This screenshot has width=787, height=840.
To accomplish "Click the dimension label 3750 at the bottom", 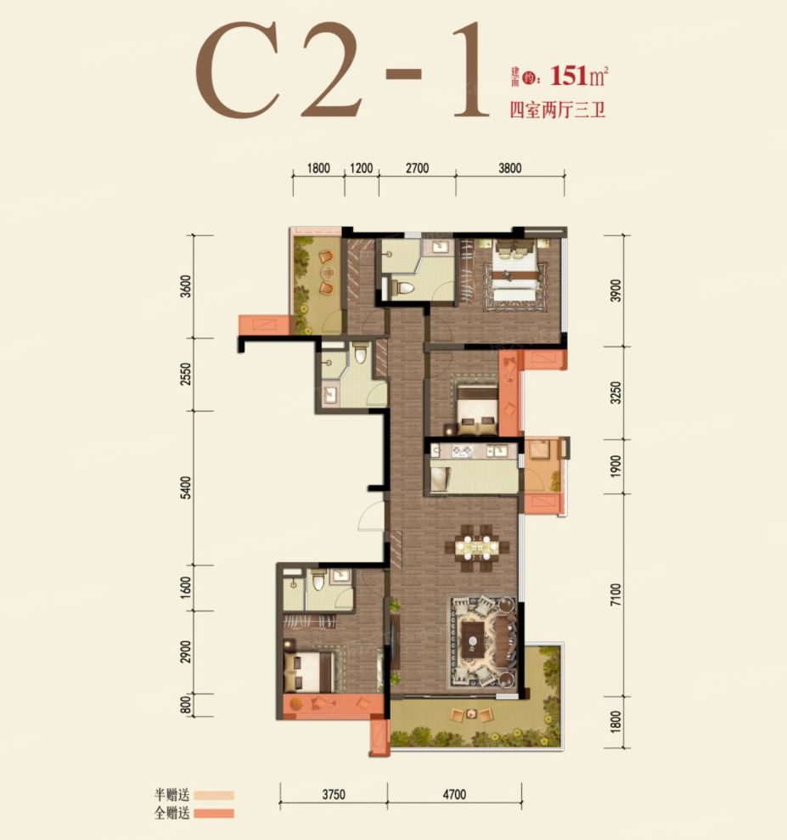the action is tap(334, 794).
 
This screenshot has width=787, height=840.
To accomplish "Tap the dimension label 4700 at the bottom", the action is tap(454, 794).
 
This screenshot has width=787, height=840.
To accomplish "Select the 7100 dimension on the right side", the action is tap(616, 595).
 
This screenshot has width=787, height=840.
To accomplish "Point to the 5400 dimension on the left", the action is tap(185, 488).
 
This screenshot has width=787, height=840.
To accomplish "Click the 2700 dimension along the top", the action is tap(417, 168).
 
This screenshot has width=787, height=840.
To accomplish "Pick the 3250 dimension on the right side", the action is tap(616, 392).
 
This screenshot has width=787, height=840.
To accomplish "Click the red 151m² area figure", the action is tap(580, 76).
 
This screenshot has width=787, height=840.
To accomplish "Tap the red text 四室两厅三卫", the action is tap(557, 110).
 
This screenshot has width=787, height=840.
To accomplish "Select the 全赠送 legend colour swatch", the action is tap(214, 813).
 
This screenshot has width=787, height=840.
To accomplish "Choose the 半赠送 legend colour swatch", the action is tap(214, 796).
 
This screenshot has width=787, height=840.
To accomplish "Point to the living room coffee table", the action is tap(473, 639).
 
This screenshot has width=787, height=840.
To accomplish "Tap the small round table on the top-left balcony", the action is tap(326, 273).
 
